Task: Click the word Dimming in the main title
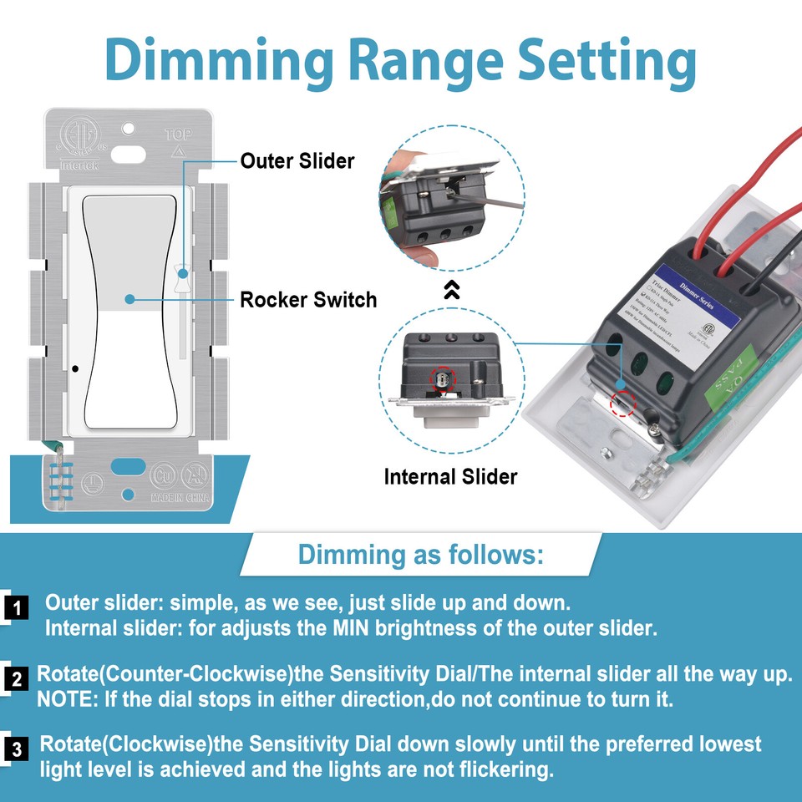point(220,60)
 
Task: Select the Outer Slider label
point(297,161)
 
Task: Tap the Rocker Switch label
point(308,300)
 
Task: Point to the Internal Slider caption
point(450,477)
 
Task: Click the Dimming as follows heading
point(420,555)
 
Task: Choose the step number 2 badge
point(16,678)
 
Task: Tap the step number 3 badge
point(16,749)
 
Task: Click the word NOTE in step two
point(66,700)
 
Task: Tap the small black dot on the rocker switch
point(75,368)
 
